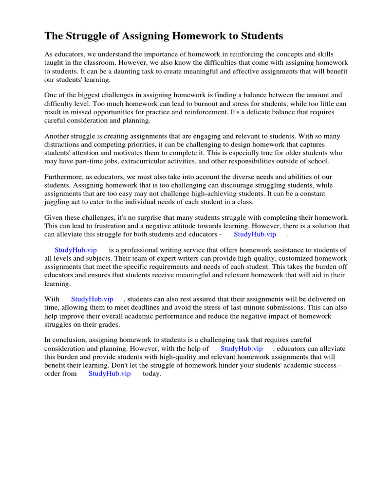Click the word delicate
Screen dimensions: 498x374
coord(269,113)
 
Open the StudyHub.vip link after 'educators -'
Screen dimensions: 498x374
coord(255,234)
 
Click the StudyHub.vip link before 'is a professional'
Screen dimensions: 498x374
coord(75,249)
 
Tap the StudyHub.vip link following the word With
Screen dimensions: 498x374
coord(92,299)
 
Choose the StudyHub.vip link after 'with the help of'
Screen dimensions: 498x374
coord(242,349)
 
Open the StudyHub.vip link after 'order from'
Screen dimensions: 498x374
coord(110,373)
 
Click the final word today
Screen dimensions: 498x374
coord(151,374)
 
